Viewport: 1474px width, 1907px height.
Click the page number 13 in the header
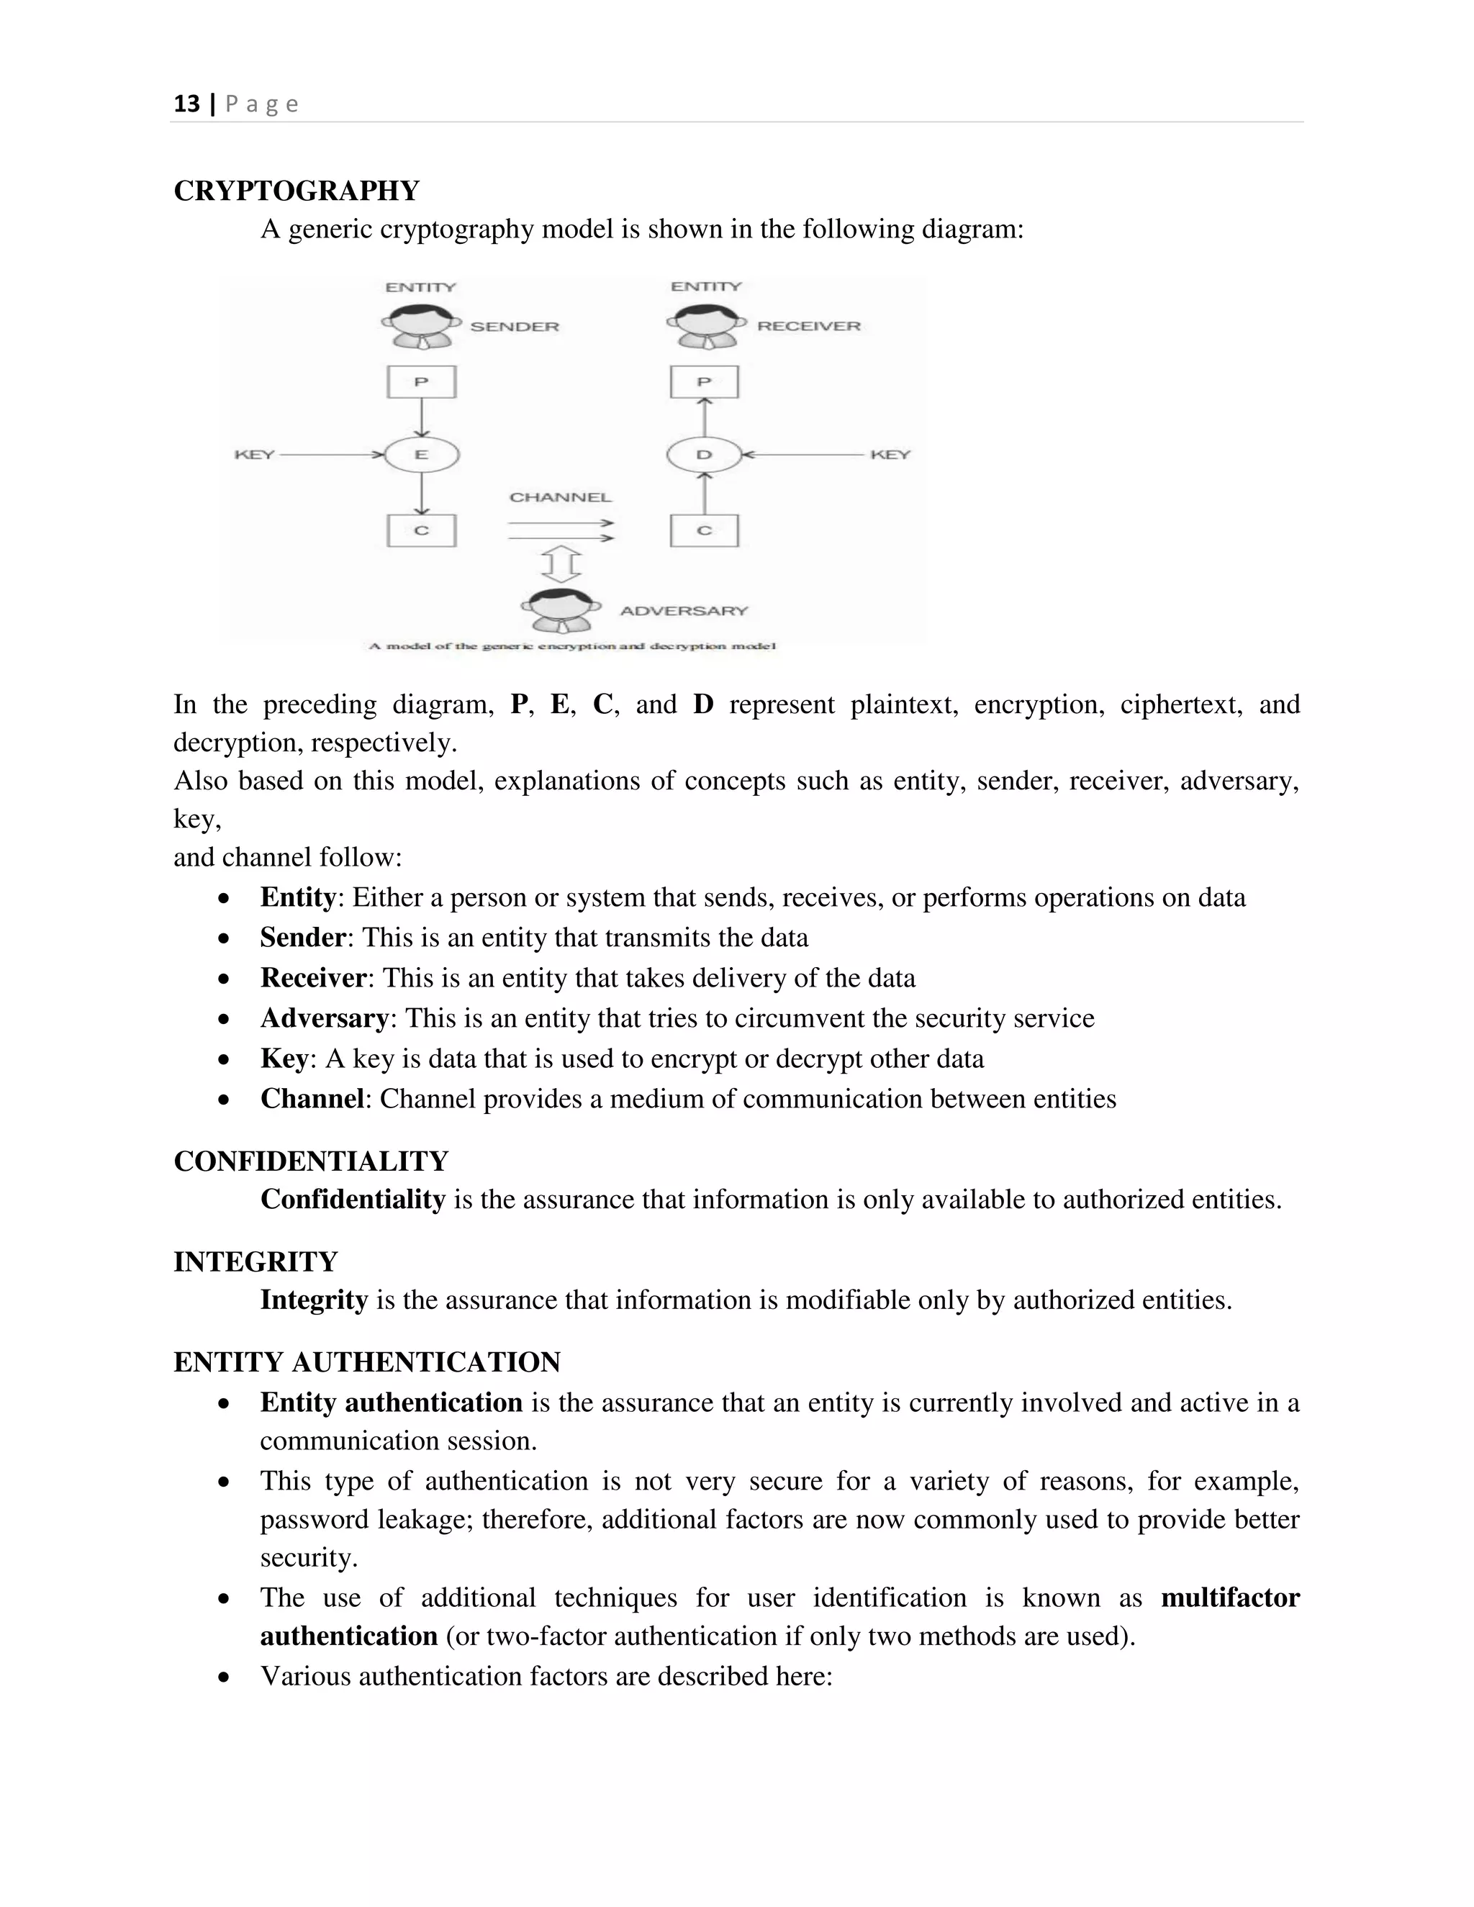(186, 104)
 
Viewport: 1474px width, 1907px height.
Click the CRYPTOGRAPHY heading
(296, 191)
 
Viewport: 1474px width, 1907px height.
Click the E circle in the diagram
(422, 454)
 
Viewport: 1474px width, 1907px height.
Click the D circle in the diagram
(704, 454)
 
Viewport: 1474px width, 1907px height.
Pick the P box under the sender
(422, 381)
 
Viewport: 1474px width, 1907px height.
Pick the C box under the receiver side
(704, 530)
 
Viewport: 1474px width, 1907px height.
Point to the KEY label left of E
(254, 454)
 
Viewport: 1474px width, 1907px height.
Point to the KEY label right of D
(890, 454)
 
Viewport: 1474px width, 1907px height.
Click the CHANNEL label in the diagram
(560, 497)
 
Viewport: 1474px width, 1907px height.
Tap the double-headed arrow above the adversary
(561, 564)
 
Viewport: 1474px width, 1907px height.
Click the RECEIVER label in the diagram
(808, 326)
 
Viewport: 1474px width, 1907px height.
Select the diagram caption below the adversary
(572, 646)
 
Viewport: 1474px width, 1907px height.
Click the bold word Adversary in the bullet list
(324, 1018)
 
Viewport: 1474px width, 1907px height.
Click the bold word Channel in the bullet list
(312, 1098)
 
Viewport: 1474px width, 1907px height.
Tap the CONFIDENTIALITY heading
(311, 1161)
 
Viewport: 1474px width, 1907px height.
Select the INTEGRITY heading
(255, 1261)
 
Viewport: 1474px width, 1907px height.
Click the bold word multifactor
(1229, 1598)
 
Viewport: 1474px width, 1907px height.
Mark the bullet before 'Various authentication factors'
(225, 1677)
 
